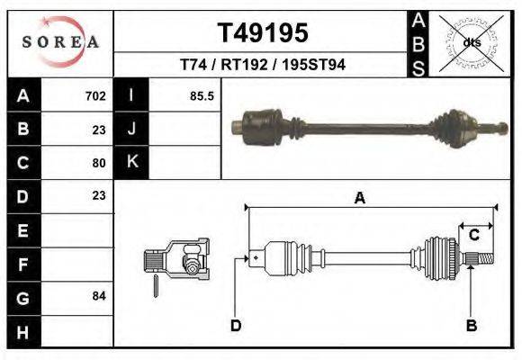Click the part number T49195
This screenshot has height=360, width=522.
click(263, 33)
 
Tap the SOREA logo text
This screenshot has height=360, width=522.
click(59, 42)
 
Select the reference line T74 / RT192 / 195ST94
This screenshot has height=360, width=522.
click(263, 66)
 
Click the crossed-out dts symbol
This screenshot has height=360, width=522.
click(471, 42)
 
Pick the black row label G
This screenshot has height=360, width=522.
click(22, 297)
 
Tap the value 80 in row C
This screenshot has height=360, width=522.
click(99, 163)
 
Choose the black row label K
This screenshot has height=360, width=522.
click(131, 162)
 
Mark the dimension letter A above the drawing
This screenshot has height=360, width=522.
click(359, 199)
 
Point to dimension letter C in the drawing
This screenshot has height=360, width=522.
click(473, 236)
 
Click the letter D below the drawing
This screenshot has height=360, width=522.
click(236, 325)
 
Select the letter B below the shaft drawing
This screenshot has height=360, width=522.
click(470, 325)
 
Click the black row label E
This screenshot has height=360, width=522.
click(22, 230)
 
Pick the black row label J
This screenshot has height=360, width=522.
click(131, 129)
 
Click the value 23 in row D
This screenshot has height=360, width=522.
click(99, 195)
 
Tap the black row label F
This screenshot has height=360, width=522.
click(22, 264)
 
